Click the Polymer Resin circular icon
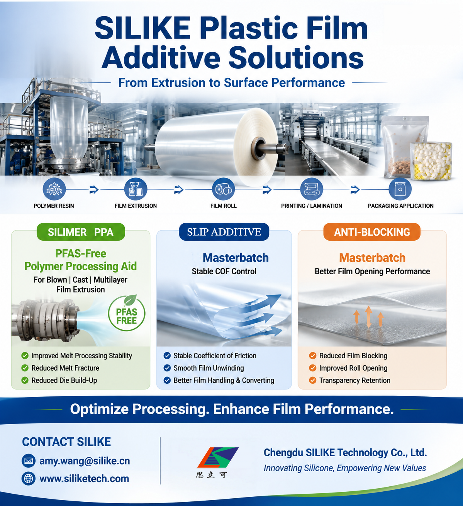coord(54,189)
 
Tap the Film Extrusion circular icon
coord(136,189)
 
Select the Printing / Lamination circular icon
coord(312,189)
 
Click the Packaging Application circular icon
coord(400,189)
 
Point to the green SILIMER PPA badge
coord(81,232)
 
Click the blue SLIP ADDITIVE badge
coord(224,232)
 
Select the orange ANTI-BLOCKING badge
coord(372,232)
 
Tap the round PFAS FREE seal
coord(127,313)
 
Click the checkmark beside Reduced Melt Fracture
coord(25,368)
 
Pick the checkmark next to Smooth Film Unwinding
coord(167,368)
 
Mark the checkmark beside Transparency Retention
coord(313,380)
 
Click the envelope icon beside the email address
coord(29,461)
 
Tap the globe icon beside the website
coord(29,479)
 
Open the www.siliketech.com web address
coord(84,479)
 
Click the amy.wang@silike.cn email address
coord(85,461)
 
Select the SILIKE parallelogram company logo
coord(218,457)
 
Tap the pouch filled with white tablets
coord(431,161)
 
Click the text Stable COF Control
coord(224,272)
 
